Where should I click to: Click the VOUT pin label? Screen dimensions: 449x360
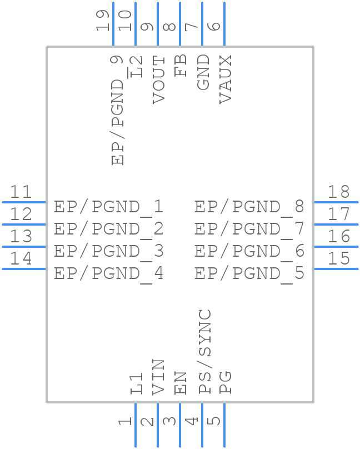[158, 79]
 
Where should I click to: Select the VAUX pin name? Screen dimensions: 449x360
[225, 79]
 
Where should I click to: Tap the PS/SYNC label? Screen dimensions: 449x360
[204, 352]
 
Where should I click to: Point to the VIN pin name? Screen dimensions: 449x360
[158, 377]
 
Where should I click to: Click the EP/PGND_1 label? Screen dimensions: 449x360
[108, 207]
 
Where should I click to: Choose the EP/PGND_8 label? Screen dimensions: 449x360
[249, 207]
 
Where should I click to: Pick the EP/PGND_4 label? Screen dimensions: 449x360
[108, 273]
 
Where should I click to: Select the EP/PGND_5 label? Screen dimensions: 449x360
[249, 273]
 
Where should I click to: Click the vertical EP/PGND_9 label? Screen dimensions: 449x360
[117, 110]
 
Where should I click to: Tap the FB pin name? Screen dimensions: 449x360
[181, 66]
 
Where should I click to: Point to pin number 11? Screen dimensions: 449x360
[22, 192]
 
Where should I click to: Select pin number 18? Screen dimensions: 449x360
[338, 192]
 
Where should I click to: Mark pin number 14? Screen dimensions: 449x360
[22, 259]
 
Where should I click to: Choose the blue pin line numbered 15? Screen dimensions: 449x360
[336, 269]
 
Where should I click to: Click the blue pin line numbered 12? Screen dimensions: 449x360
[24, 225]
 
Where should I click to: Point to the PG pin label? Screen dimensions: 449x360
[225, 382]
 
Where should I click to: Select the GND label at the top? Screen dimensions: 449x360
[203, 72]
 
